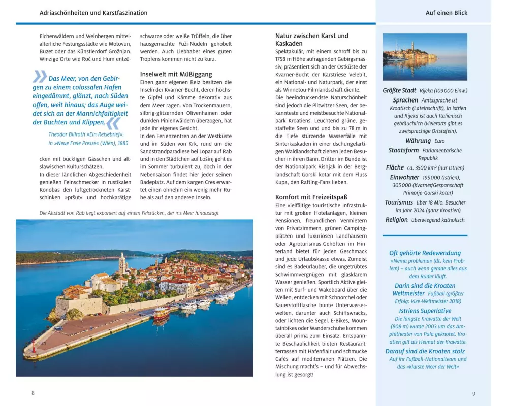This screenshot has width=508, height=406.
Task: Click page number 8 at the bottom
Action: pyautogui.click(x=33, y=393)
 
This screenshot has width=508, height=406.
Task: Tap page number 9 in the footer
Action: pyautogui.click(x=474, y=393)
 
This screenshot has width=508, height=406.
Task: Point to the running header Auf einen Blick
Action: pyautogui.click(x=447, y=13)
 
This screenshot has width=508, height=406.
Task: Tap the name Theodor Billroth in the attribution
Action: pyautogui.click(x=69, y=134)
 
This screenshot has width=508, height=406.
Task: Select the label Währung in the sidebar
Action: pyautogui.click(x=418, y=141)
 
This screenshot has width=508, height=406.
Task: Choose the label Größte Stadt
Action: pyautogui.click(x=399, y=91)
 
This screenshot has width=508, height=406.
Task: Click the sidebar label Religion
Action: pyautogui.click(x=397, y=220)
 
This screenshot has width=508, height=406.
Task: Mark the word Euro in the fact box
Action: pyautogui.click(x=439, y=141)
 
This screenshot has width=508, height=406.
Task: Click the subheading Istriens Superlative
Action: pyautogui.click(x=425, y=311)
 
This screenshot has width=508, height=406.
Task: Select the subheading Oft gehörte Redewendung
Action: pyautogui.click(x=425, y=253)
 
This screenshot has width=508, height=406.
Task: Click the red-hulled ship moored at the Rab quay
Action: pyautogui.click(x=161, y=314)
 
